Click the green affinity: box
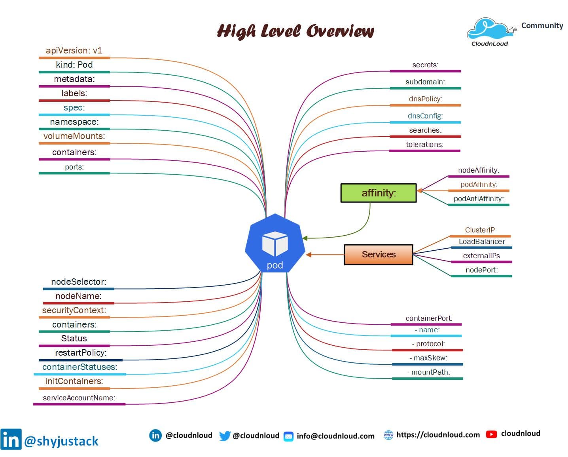378,193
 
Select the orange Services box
378,254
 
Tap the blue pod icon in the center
275,243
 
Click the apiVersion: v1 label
74,51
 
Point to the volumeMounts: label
74,136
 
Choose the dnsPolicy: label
425,99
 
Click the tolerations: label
424,145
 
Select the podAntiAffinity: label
479,199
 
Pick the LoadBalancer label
481,242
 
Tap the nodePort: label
481,270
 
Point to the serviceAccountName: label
79,398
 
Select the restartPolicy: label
81,353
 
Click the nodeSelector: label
78,282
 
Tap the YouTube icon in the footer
491,434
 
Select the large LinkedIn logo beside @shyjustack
11,439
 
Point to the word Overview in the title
340,31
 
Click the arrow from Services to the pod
324,255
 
